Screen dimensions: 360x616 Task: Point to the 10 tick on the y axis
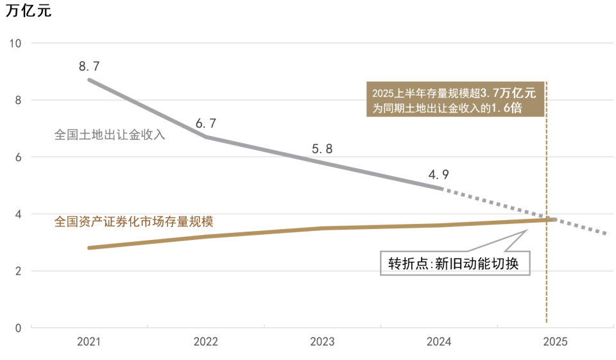pos(15,43)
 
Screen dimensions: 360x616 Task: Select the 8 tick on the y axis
pos(18,100)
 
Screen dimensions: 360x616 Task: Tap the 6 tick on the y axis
pos(18,157)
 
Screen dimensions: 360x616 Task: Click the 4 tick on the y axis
pos(18,214)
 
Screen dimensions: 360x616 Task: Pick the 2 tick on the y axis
pos(18,271)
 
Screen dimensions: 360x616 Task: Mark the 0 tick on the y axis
pos(18,328)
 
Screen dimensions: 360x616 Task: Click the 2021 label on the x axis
pos(89,342)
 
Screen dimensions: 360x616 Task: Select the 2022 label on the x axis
pos(205,342)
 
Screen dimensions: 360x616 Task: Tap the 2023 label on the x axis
pos(322,342)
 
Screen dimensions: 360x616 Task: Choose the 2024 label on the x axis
pos(438,342)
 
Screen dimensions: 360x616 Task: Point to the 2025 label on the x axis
pos(554,342)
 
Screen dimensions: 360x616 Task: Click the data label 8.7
pos(90,66)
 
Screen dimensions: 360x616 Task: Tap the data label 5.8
pos(322,149)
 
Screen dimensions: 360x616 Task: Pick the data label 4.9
pos(439,175)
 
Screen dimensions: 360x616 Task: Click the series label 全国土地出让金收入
pos(110,135)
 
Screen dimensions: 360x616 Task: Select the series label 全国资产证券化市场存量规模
pos(133,221)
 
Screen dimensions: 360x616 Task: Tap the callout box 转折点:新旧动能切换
pos(455,263)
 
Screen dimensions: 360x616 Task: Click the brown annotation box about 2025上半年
pos(455,99)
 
